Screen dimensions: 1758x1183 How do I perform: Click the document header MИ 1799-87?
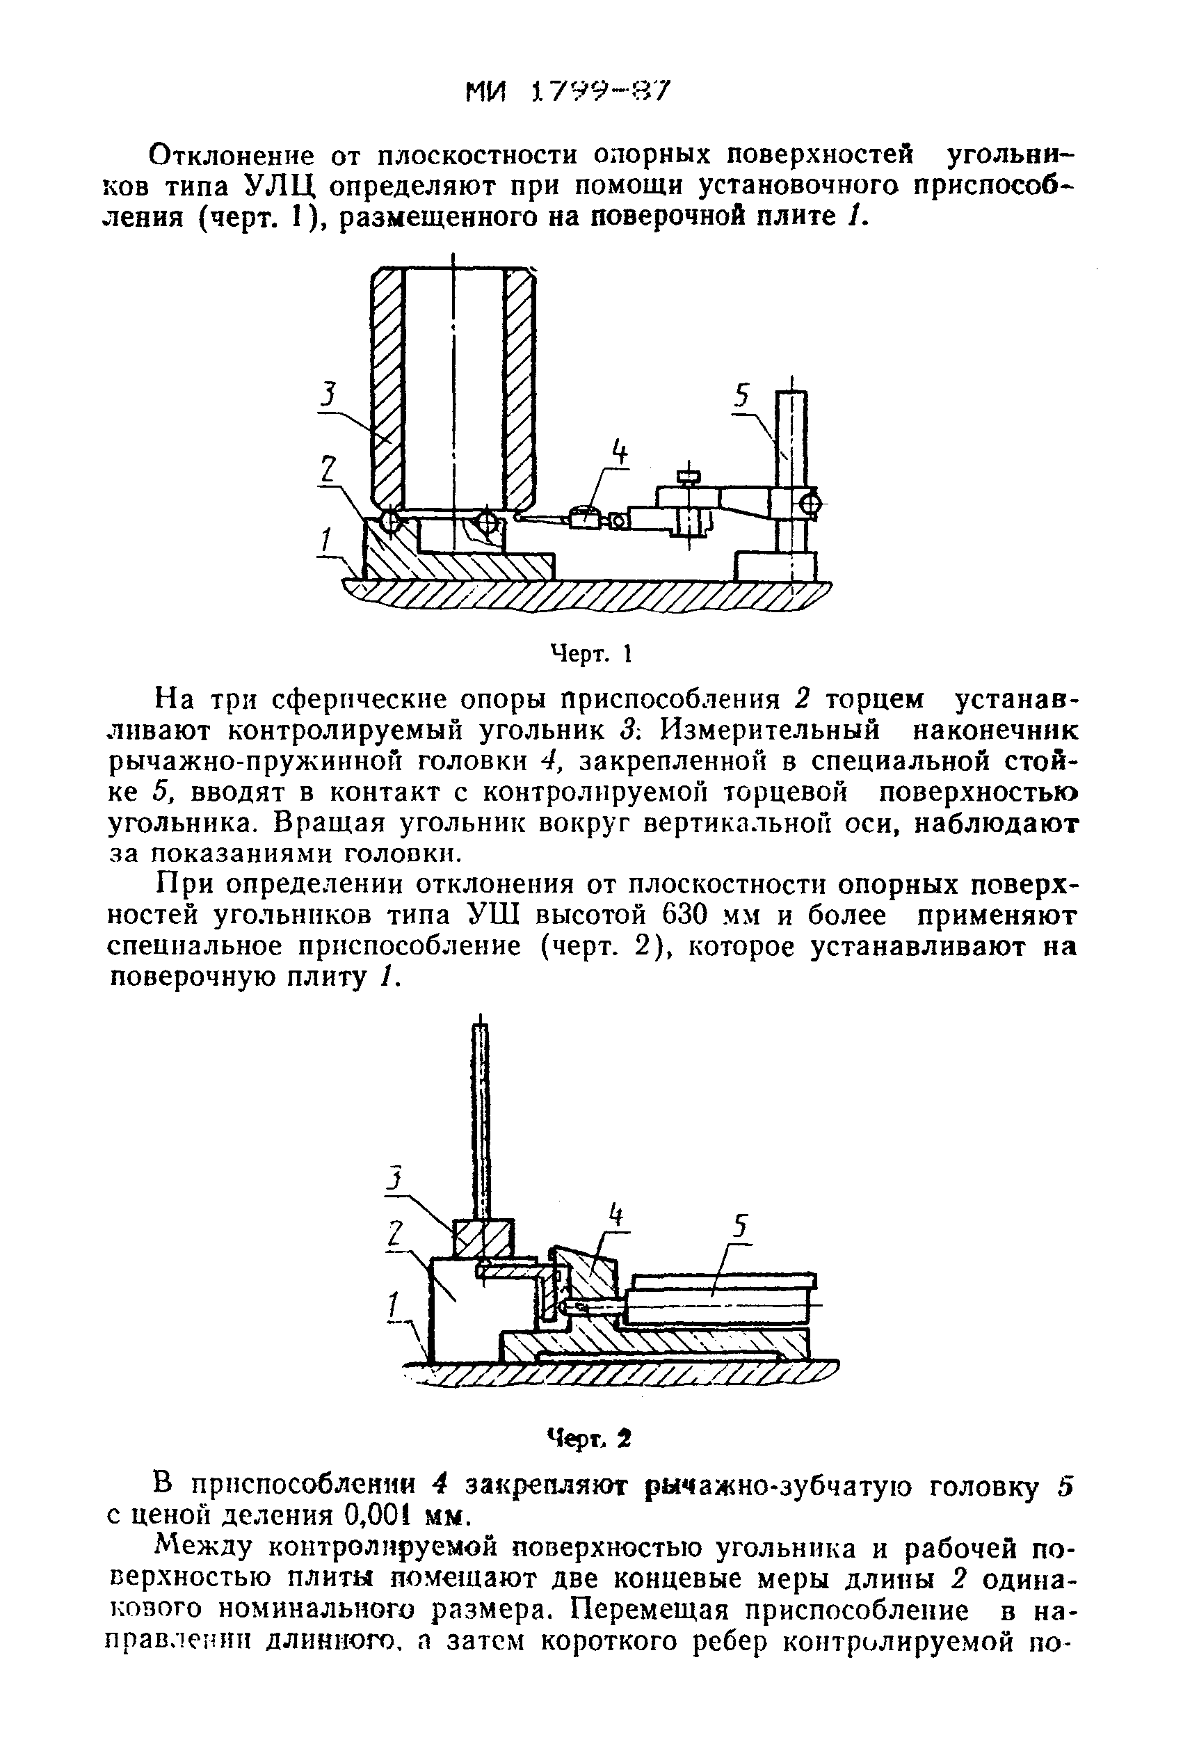[x=567, y=93]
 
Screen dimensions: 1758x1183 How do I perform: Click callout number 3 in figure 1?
[x=327, y=395]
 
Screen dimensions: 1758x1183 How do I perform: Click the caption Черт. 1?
[x=590, y=653]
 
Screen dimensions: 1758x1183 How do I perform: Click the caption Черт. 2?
[x=589, y=1438]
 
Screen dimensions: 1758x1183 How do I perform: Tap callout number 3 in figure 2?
[x=394, y=1178]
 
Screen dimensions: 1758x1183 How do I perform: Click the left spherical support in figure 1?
[x=390, y=521]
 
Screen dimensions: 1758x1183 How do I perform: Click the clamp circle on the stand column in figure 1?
[x=810, y=503]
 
